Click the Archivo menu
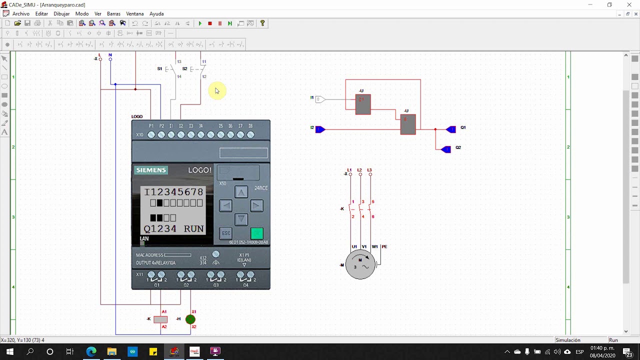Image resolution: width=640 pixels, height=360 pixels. click(x=20, y=14)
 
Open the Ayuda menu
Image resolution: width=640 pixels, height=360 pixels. click(x=156, y=14)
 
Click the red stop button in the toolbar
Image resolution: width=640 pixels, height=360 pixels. click(x=210, y=23)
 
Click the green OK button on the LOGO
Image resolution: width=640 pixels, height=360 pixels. click(x=256, y=233)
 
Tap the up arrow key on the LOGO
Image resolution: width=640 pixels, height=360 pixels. click(x=241, y=192)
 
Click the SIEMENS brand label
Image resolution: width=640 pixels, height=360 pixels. click(x=151, y=170)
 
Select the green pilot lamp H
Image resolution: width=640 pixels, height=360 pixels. click(x=190, y=319)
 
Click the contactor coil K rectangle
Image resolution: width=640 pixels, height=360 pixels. click(x=160, y=319)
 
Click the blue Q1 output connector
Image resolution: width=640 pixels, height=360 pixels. click(x=450, y=129)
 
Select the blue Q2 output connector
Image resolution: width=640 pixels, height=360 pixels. click(x=445, y=149)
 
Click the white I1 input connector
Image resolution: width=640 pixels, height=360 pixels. click(x=319, y=99)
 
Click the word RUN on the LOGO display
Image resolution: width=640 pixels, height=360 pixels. click(x=193, y=229)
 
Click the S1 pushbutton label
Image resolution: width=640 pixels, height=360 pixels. click(x=160, y=68)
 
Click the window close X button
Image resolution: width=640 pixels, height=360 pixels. click(x=629, y=5)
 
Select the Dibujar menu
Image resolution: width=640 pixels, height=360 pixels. click(x=61, y=14)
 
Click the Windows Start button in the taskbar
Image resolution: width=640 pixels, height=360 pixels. click(x=10, y=351)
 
